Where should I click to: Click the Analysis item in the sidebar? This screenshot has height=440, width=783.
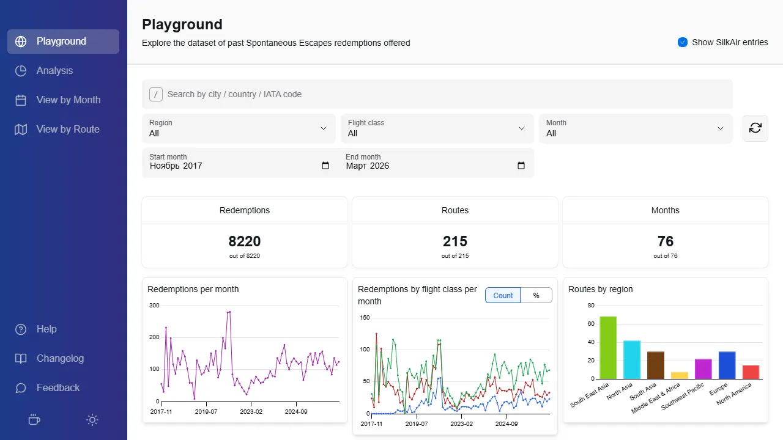pyautogui.click(x=54, y=71)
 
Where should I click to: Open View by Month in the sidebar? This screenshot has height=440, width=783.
pyautogui.click(x=68, y=100)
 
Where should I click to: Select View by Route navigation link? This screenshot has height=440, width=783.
pyautogui.click(x=67, y=130)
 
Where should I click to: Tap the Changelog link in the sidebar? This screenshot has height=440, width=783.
pyautogui.click(x=60, y=359)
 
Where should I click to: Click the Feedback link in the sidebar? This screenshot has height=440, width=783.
pyautogui.click(x=58, y=388)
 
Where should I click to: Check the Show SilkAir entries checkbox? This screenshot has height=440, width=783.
pyautogui.click(x=683, y=42)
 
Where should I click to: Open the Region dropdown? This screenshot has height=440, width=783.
pyautogui.click(x=239, y=128)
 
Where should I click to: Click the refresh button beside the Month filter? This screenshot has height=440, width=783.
pyautogui.click(x=755, y=128)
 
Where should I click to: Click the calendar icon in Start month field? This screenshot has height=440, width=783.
pyautogui.click(x=325, y=166)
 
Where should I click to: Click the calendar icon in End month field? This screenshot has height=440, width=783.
pyautogui.click(x=521, y=166)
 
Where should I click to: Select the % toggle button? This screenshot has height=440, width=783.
pyautogui.click(x=536, y=296)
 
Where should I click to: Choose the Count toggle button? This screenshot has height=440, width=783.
pyautogui.click(x=503, y=296)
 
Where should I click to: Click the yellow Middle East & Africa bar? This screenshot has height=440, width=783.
pyautogui.click(x=680, y=375)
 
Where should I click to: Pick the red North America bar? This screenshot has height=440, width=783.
pyautogui.click(x=751, y=372)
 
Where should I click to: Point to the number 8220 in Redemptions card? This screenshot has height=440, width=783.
pyautogui.click(x=245, y=241)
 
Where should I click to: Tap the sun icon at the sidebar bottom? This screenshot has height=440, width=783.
pyautogui.click(x=92, y=420)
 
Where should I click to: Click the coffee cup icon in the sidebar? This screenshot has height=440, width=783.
pyautogui.click(x=35, y=420)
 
